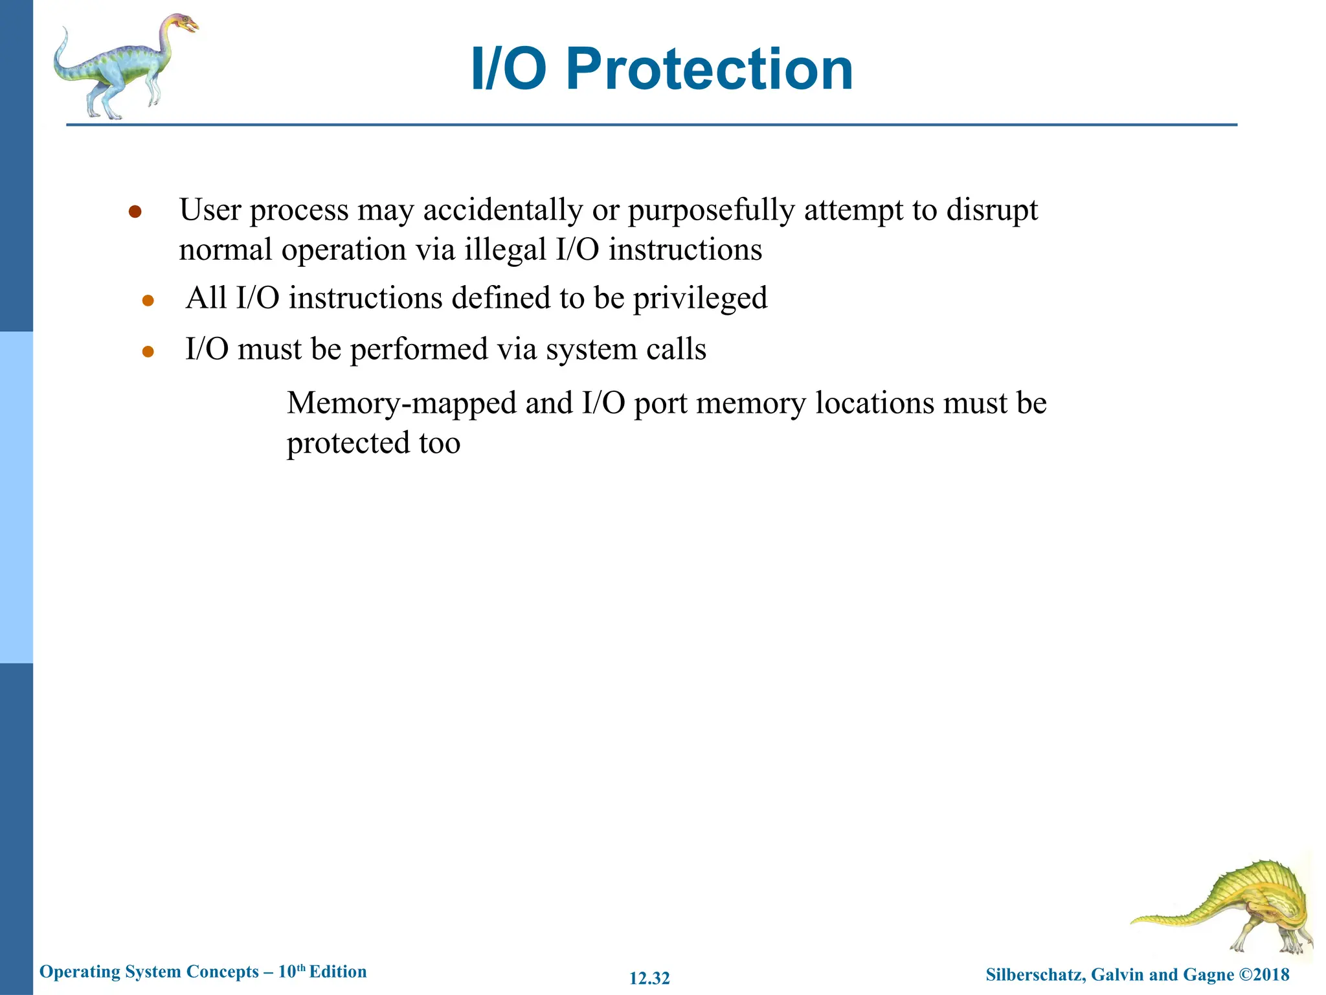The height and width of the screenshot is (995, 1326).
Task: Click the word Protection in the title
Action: coord(709,69)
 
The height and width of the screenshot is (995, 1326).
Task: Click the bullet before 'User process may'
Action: coord(135,212)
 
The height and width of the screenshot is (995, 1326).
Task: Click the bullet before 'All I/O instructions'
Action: coord(148,301)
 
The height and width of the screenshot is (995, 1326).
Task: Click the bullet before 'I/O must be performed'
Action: coord(148,352)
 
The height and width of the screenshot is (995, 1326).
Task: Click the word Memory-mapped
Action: coord(401,404)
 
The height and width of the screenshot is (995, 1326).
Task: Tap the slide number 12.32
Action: coord(649,978)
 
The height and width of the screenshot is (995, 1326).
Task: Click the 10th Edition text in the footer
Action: coord(322,972)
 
